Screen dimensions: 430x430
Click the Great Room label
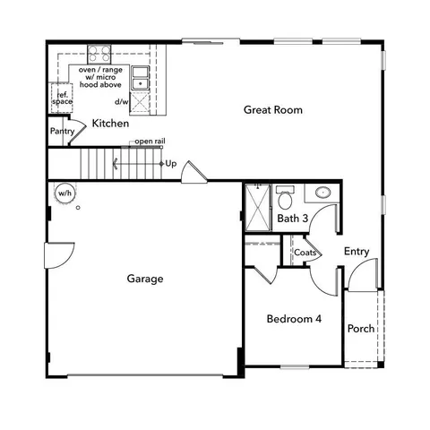273,110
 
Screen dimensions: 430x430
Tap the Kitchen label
110,124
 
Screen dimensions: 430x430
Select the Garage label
145,279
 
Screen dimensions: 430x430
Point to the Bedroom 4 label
294,319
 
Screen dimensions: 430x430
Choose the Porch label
360,328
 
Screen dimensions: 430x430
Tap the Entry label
357,252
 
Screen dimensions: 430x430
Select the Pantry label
62,132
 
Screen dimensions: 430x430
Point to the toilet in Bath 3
285,194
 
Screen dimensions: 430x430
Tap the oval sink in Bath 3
322,193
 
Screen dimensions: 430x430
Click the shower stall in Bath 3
258,207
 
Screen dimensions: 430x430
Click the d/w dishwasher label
120,102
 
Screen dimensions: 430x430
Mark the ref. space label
64,98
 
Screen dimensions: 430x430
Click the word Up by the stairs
170,163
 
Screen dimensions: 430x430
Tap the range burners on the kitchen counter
98,55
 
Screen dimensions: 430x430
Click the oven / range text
100,70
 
